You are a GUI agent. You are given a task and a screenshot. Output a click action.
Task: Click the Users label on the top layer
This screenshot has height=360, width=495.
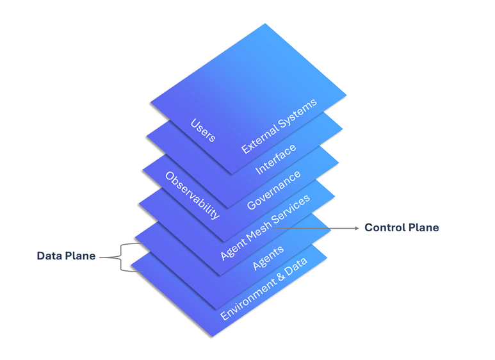point(203,130)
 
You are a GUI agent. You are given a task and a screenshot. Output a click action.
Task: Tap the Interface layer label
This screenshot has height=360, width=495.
point(276,159)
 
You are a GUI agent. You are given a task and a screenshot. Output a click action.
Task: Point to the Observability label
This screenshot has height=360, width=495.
point(192,195)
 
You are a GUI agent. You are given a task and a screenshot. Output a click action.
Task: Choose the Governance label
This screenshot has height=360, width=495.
point(273,190)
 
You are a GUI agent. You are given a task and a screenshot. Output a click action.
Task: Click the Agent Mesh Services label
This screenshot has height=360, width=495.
point(265,226)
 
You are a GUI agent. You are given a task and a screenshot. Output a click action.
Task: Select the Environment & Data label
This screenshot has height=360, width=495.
point(263,289)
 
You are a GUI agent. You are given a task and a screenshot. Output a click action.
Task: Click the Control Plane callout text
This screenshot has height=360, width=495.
point(402,228)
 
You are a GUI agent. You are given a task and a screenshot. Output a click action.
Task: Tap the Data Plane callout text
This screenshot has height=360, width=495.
point(66,256)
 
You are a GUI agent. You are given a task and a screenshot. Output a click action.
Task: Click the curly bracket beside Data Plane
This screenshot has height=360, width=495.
point(120,258)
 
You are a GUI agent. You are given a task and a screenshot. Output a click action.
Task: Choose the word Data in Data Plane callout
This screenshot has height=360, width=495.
point(49,256)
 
